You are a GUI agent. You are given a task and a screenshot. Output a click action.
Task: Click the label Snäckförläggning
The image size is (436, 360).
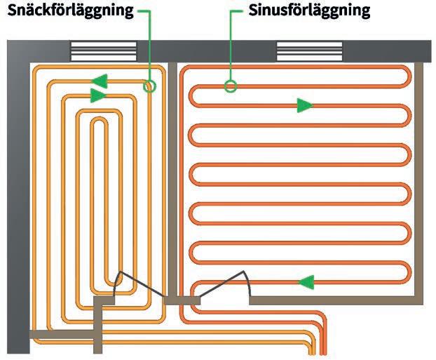70,12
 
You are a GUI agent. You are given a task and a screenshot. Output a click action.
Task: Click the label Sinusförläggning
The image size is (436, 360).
309,12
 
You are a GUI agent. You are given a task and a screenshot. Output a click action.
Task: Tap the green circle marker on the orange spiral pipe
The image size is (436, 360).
149,86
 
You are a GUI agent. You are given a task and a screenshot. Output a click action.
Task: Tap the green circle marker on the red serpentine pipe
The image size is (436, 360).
231,86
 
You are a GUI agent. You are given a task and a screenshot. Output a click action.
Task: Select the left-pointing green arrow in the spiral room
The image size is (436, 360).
99,80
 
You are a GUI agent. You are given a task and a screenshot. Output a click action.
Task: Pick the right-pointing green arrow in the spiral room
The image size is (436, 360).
99,95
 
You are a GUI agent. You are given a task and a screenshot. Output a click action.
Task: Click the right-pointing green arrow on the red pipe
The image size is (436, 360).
304,106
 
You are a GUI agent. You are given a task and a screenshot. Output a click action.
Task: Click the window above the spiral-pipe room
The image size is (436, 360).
104,52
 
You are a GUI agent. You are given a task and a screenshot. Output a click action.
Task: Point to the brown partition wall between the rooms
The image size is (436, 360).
172,175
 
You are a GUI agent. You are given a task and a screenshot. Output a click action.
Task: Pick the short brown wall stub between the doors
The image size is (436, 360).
182,300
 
